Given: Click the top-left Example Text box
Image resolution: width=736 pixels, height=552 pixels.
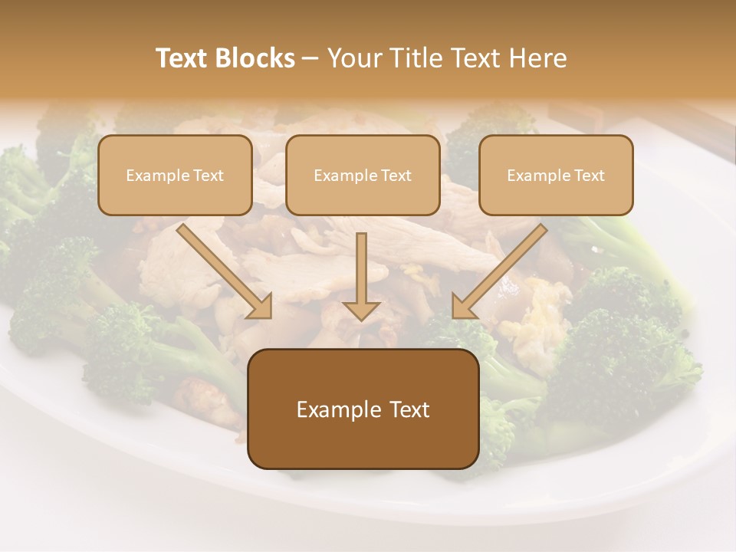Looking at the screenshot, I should tap(175, 175).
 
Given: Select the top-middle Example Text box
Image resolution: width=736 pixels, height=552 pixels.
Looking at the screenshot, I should tap(363, 175).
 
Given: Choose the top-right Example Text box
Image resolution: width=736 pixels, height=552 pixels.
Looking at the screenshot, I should tap(556, 175).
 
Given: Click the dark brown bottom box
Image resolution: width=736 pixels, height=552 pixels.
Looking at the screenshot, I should tap(363, 409).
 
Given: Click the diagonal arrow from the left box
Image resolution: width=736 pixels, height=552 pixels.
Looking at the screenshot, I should tap(222, 268).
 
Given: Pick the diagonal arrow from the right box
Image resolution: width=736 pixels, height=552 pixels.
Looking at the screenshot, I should tap(502, 268).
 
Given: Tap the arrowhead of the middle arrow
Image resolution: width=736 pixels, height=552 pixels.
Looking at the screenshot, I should tap(361, 310).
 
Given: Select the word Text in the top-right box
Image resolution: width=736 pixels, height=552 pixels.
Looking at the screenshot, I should tap(589, 176).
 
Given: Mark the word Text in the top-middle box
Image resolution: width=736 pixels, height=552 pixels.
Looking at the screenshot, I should tap(396, 176).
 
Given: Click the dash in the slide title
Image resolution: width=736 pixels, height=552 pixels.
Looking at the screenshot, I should tap(310, 58).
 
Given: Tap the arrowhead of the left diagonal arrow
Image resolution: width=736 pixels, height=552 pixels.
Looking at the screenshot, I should tap(260, 306).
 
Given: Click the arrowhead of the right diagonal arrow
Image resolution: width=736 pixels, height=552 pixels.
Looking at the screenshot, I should tap(463, 306).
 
